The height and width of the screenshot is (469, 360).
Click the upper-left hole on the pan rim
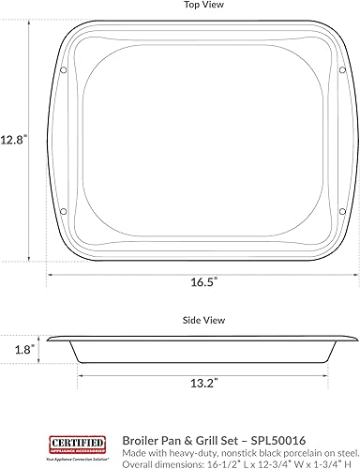pos(63,70)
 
